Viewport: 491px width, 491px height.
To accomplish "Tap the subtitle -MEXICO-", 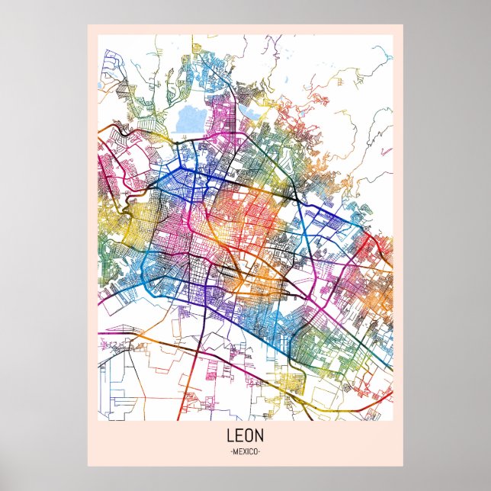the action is click(x=245, y=452).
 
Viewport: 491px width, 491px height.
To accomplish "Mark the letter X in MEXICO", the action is click(x=243, y=452).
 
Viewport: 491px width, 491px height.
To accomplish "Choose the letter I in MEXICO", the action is click(x=247, y=452).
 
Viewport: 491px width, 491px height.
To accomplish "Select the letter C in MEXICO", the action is click(x=251, y=452).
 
